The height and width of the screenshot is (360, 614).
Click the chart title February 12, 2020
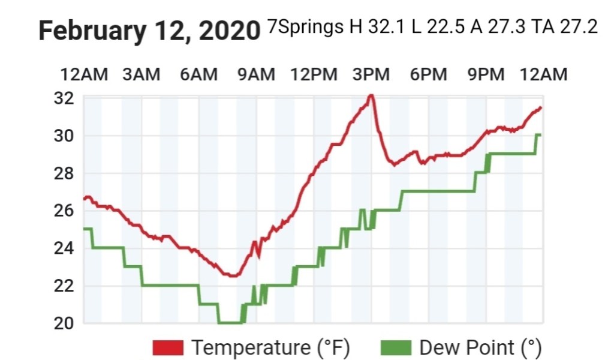149,30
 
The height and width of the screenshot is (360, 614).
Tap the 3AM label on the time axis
141,74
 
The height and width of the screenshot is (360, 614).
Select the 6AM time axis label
198,74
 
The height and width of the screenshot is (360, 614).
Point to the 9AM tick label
256,74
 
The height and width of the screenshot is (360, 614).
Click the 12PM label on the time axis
314,74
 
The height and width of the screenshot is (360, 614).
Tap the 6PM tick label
428,74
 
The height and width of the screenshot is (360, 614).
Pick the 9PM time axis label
486,74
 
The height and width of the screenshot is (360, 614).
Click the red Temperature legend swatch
168,347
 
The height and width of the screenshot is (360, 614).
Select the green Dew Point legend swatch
396,347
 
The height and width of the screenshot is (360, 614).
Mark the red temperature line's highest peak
371,95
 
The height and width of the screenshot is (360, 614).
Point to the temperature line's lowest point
232,275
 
